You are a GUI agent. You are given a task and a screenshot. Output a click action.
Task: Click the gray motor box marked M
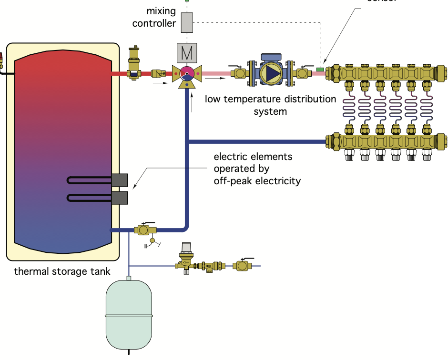click(186, 52)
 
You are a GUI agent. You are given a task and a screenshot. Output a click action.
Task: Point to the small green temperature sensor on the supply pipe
click(319, 70)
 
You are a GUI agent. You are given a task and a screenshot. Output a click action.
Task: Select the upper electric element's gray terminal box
click(120, 180)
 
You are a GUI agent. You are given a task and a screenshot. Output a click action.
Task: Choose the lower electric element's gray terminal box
click(120, 197)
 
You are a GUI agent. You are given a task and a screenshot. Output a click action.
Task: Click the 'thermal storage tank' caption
click(62, 272)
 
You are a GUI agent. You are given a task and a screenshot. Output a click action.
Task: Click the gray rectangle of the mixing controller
click(187, 22)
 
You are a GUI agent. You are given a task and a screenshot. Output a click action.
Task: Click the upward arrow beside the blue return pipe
click(192, 102)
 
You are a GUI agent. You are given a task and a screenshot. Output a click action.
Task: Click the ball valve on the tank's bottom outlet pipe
click(143, 230)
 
